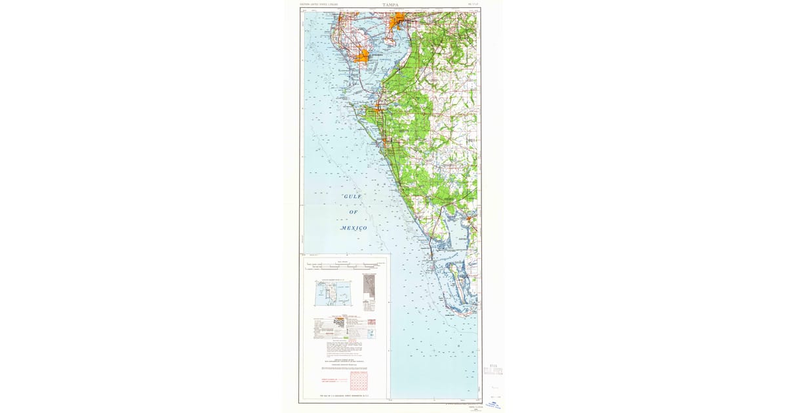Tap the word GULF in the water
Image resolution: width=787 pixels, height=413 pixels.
coord(353,197)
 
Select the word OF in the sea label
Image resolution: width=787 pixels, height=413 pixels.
coord(353,212)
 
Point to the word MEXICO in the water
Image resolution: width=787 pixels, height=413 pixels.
coord(353,227)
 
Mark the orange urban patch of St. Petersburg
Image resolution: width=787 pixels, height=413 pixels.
coord(361,57)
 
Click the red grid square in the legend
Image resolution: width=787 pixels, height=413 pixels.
coord(358,381)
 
